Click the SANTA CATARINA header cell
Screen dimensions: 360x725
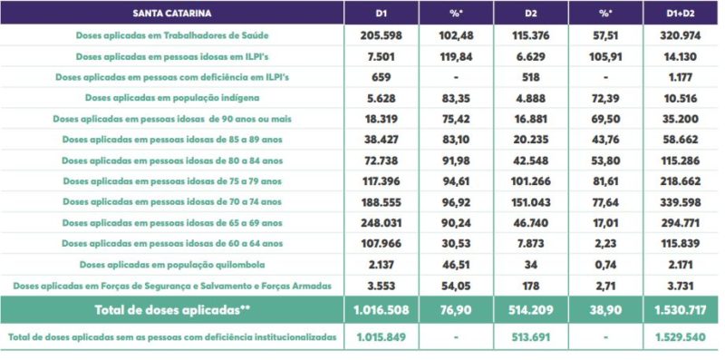[x=172, y=14]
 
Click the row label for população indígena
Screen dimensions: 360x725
[x=172, y=97]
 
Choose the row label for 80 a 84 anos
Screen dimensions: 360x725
[x=172, y=160]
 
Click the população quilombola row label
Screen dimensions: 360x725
[x=172, y=264]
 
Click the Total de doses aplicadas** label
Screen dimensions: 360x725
[x=172, y=310]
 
